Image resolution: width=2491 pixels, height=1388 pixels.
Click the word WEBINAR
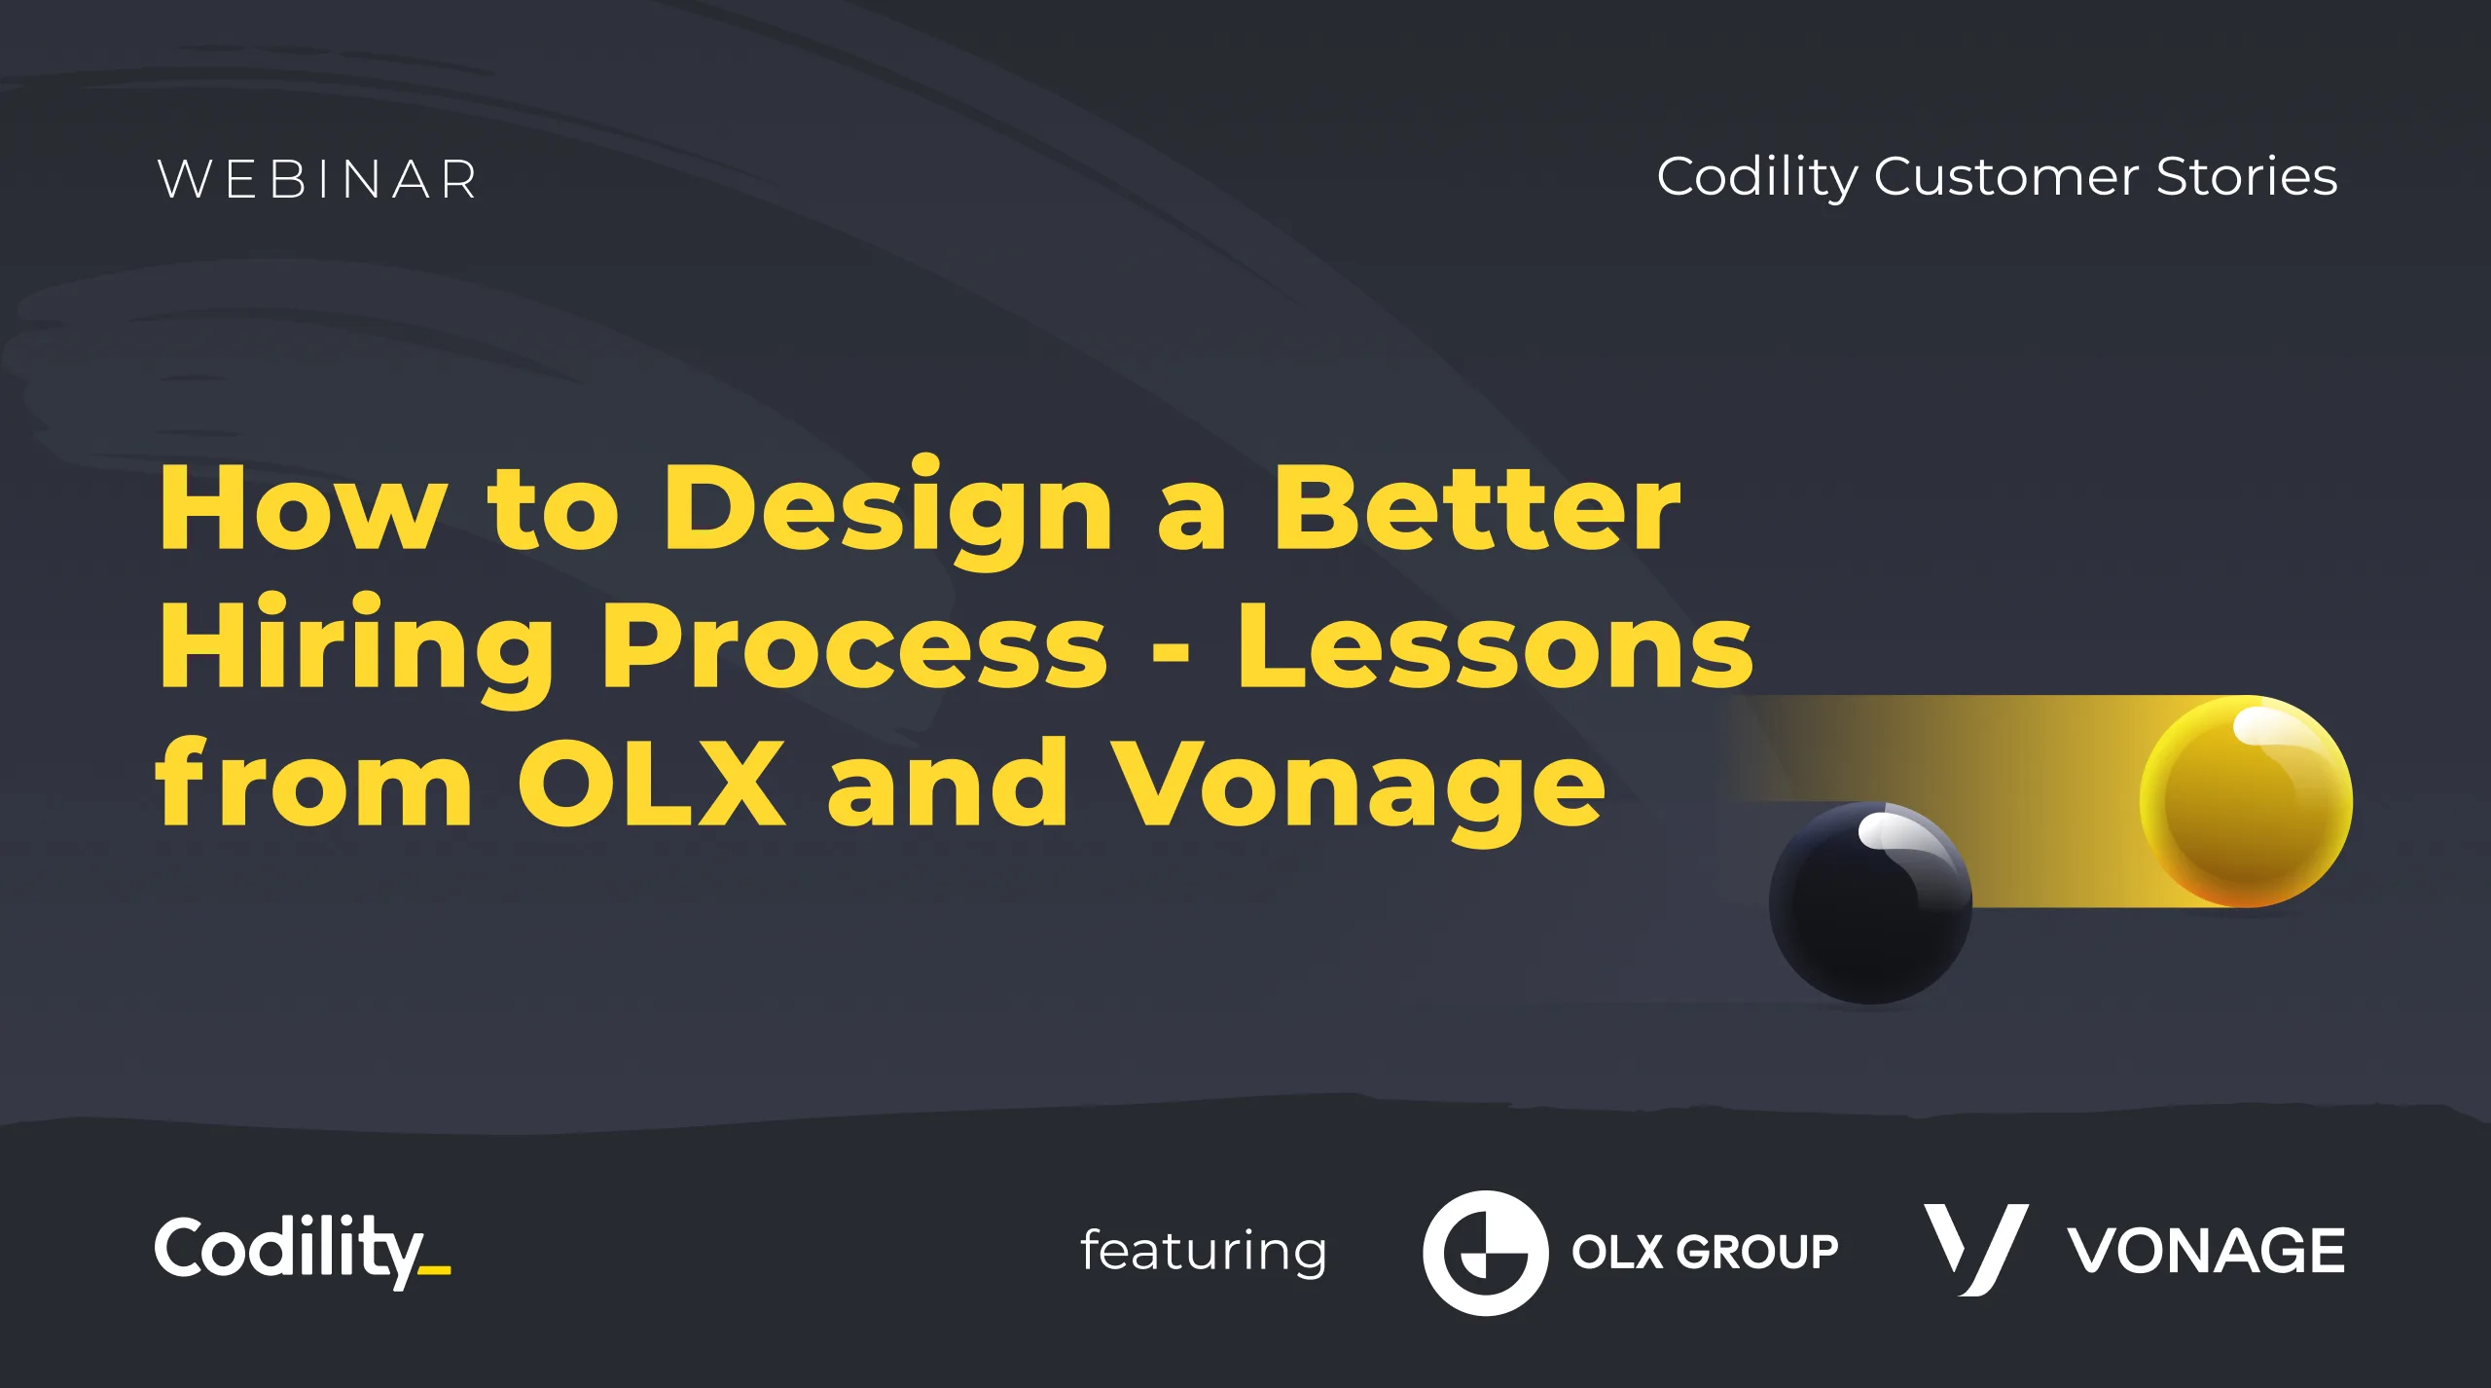click(x=317, y=180)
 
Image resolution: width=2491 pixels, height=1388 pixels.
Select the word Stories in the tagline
click(x=2247, y=176)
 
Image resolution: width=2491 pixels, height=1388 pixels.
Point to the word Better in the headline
click(x=1477, y=506)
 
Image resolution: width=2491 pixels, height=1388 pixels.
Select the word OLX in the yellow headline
click(x=651, y=782)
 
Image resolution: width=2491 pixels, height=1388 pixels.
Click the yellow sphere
click(x=2246, y=801)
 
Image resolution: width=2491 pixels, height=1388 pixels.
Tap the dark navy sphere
click(x=1870, y=903)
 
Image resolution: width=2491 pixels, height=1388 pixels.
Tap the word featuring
click(x=1204, y=1251)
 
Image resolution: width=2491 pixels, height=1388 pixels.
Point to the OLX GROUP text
click(x=1705, y=1252)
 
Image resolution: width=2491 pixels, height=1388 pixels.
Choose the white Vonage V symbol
click(x=1976, y=1250)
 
